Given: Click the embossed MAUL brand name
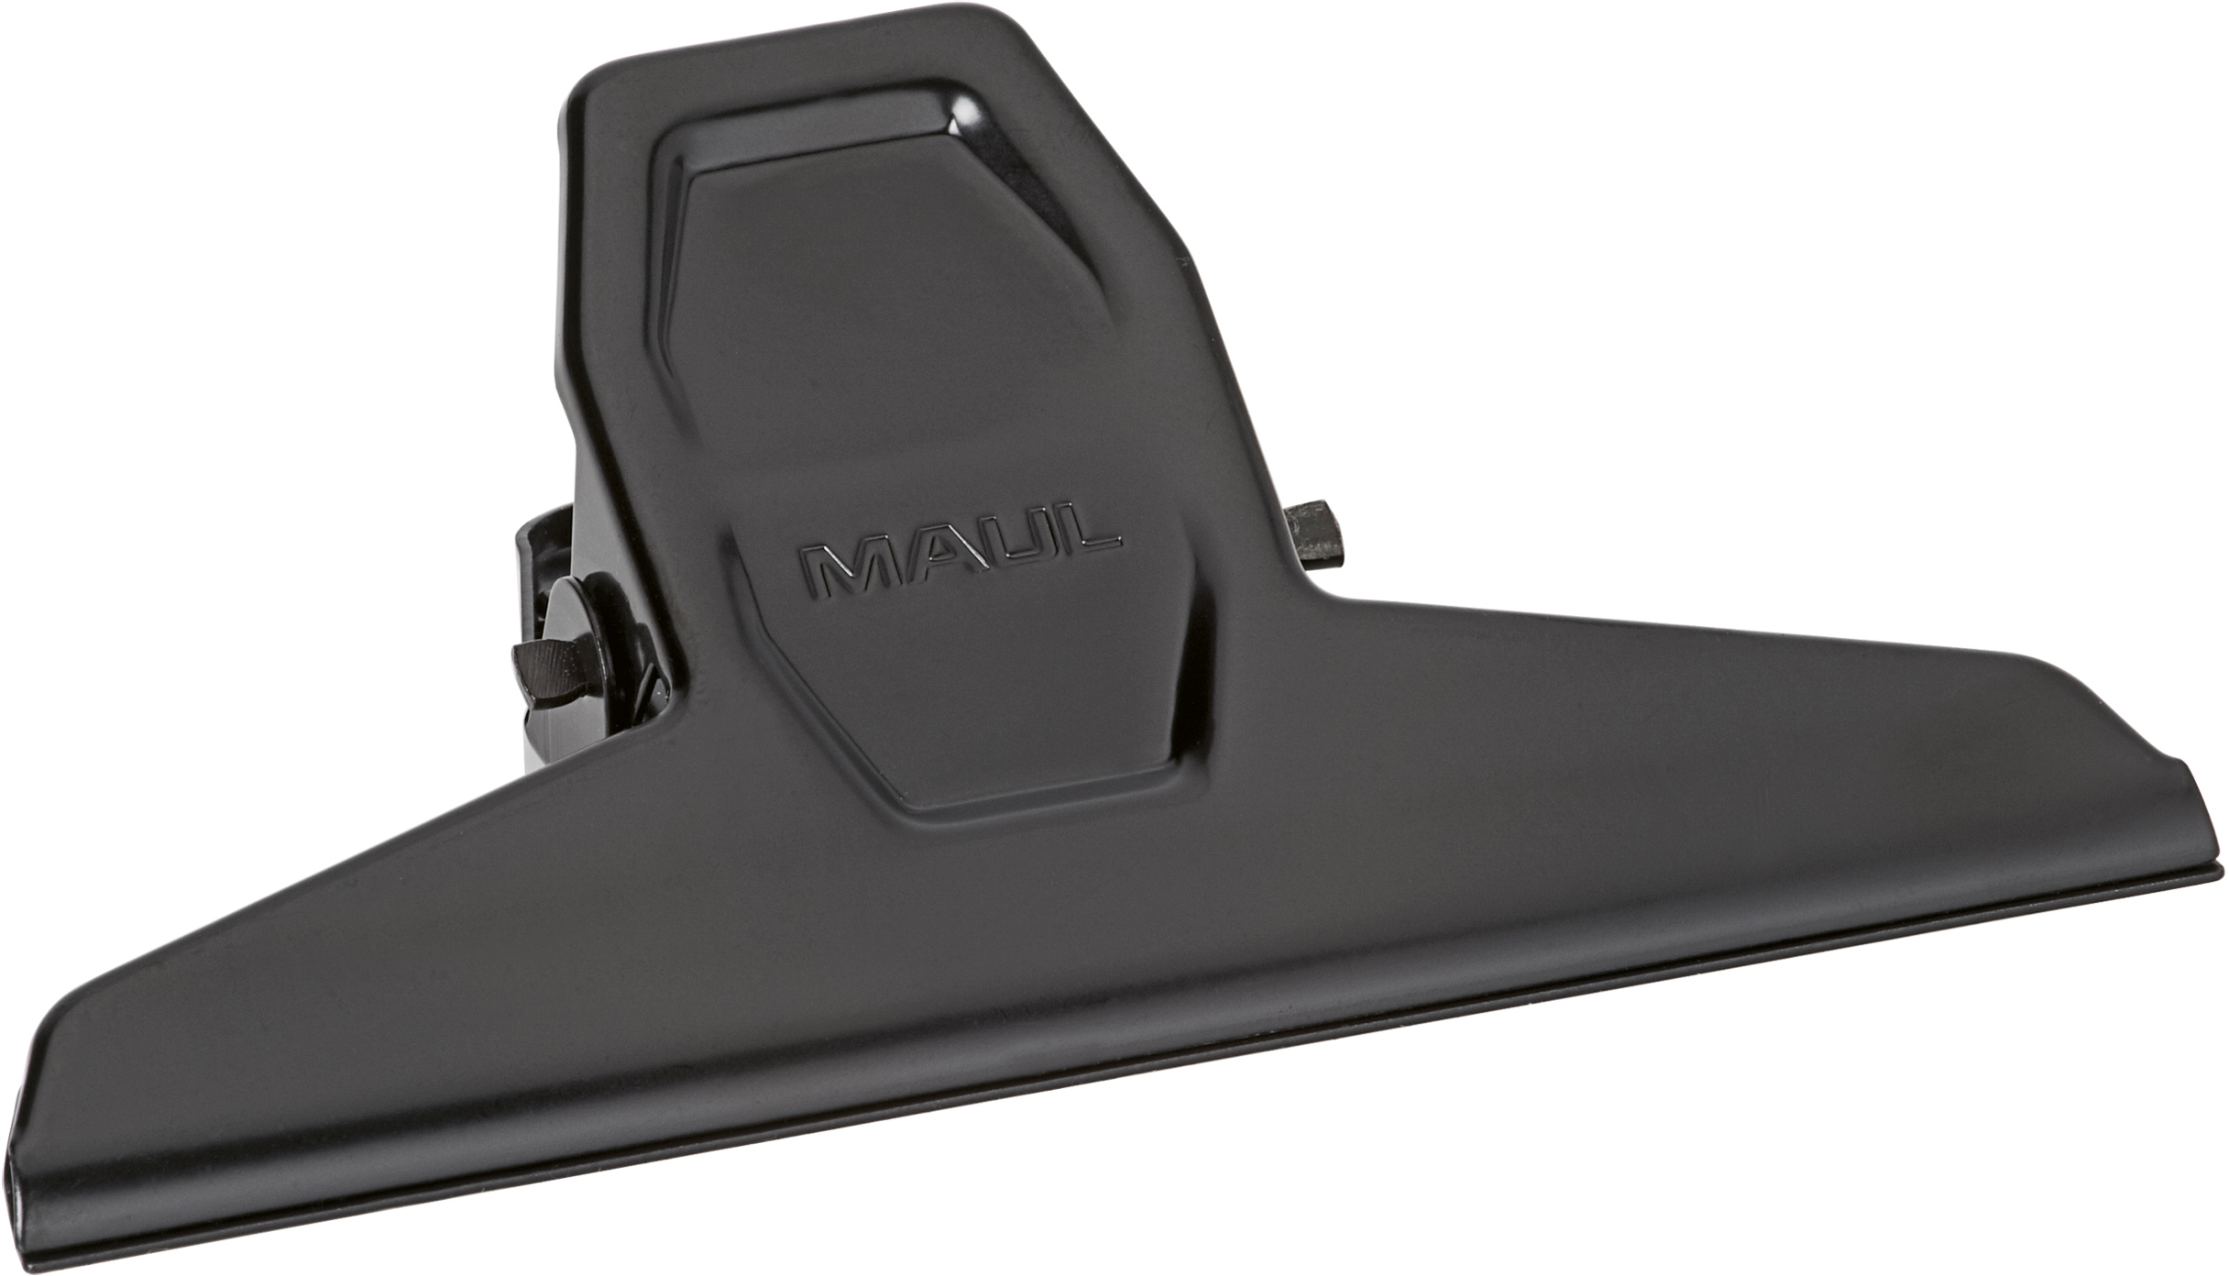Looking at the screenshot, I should point(959,558).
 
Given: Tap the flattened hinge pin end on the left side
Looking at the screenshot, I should point(541,663).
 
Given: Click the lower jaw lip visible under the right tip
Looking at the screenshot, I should point(2200,898).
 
